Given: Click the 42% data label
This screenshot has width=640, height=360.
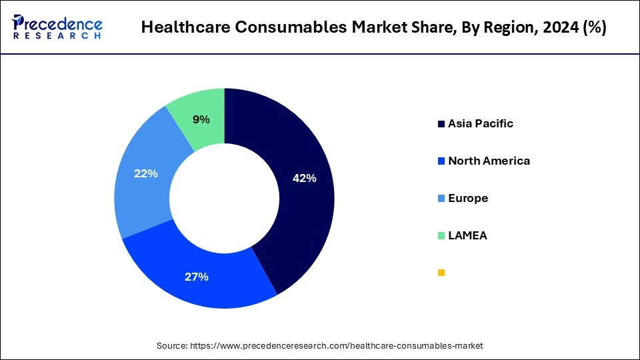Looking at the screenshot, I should pyautogui.click(x=305, y=179).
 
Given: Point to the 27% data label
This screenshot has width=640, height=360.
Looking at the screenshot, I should pyautogui.click(x=197, y=277).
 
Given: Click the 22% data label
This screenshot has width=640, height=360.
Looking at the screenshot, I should pyautogui.click(x=146, y=173).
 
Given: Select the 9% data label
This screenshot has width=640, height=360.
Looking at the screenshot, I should pyautogui.click(x=201, y=120).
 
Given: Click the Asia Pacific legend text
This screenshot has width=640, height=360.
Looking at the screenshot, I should pyautogui.click(x=481, y=123).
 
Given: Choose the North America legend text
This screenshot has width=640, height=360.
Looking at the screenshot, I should pyautogui.click(x=489, y=161).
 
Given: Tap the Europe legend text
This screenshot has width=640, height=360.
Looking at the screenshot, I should pyautogui.click(x=468, y=198).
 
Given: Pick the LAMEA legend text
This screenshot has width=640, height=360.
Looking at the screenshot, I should pyautogui.click(x=467, y=235).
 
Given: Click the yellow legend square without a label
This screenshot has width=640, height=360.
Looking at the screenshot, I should pyautogui.click(x=441, y=273).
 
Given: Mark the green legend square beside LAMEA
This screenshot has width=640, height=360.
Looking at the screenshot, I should pyautogui.click(x=441, y=236).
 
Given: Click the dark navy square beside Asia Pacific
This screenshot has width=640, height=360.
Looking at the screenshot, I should pyautogui.click(x=441, y=124).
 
